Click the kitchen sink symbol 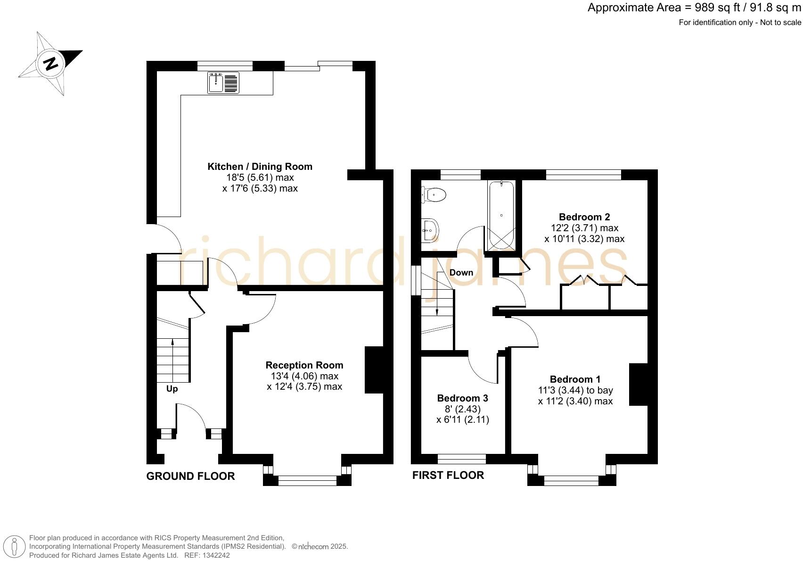(223, 83)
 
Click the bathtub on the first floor (501, 215)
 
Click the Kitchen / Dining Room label (260, 167)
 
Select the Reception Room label (304, 365)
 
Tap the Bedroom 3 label (462, 398)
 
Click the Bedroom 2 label (584, 217)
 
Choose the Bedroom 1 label (575, 379)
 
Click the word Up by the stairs (172, 389)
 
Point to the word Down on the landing (461, 273)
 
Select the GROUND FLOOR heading (190, 476)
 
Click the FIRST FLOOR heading (448, 475)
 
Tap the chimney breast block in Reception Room (374, 370)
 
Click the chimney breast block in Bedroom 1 (639, 384)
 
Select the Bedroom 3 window (462, 459)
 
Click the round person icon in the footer (16, 546)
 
